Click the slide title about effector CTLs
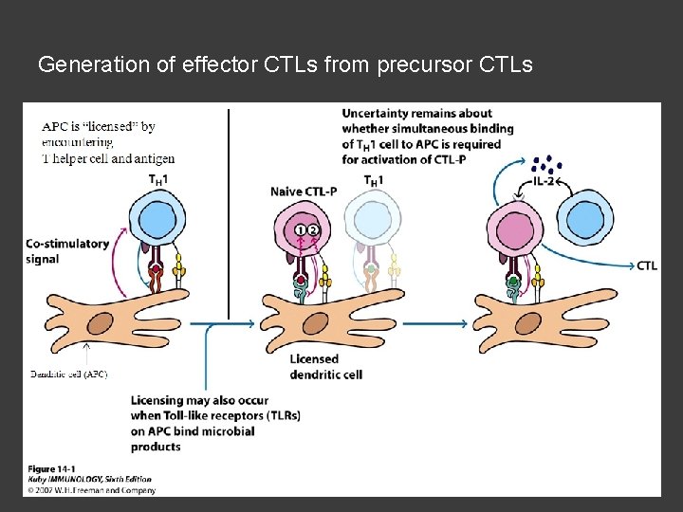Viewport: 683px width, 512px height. (285, 65)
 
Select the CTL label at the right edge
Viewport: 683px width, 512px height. (647, 266)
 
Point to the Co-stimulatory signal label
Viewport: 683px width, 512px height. (67, 251)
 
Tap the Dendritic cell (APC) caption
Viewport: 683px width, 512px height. (67, 375)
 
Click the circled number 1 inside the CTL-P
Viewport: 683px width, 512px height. (301, 229)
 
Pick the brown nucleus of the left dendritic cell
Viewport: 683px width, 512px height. (100, 326)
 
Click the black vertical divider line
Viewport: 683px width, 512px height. (229, 213)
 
